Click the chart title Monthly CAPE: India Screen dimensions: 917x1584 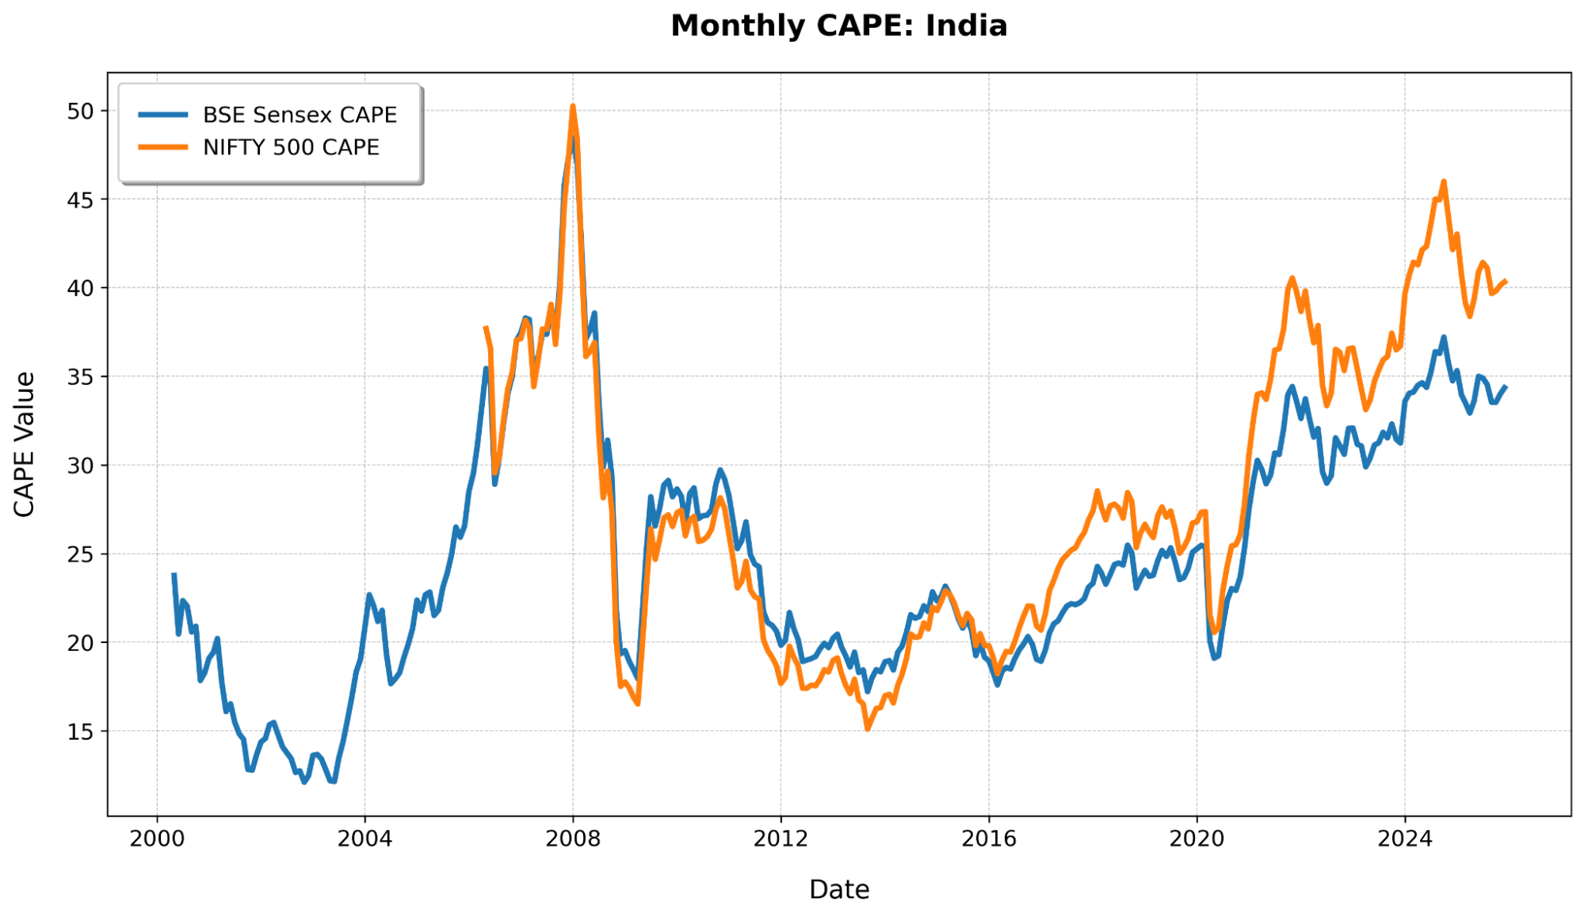(x=838, y=26)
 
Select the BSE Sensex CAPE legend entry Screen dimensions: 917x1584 (x=300, y=115)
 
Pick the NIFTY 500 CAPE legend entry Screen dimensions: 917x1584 (x=291, y=148)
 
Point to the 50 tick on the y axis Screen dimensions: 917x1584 (x=81, y=112)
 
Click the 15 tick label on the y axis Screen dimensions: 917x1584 (x=81, y=732)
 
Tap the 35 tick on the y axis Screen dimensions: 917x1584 (x=81, y=378)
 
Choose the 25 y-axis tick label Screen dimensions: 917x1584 (x=81, y=555)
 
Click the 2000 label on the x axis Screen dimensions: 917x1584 (x=157, y=839)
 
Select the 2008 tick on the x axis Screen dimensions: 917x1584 (x=573, y=839)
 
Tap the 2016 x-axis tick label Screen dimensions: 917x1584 (x=989, y=839)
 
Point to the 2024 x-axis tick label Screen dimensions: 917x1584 (x=1405, y=839)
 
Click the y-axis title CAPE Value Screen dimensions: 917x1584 (x=25, y=444)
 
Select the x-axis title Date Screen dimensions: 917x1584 (x=838, y=890)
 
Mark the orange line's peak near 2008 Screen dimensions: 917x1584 (x=573, y=106)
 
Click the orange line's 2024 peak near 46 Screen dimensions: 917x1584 (x=1444, y=182)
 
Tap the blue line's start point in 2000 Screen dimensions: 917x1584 (x=174, y=575)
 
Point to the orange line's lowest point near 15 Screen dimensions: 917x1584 (x=868, y=729)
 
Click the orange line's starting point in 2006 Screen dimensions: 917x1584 (x=486, y=327)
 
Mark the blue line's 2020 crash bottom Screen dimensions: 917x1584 (x=1214, y=658)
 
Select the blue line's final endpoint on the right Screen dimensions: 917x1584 (x=1506, y=387)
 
